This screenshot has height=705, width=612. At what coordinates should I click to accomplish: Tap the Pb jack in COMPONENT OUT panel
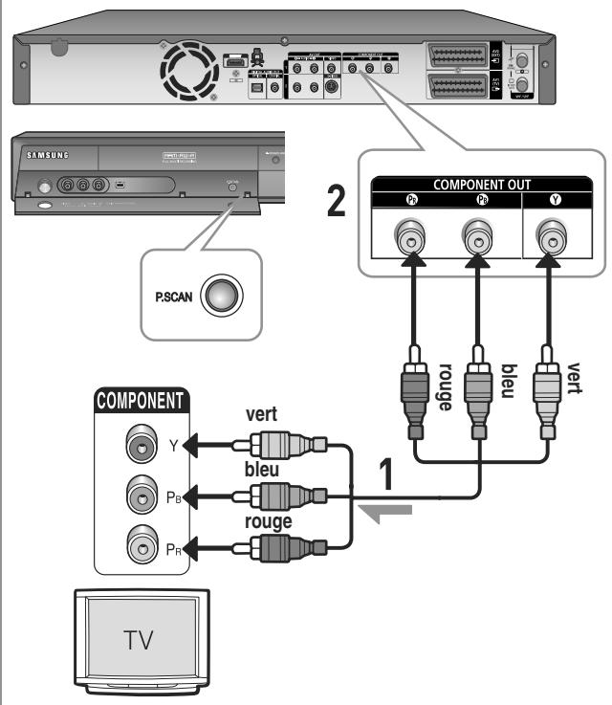point(477,239)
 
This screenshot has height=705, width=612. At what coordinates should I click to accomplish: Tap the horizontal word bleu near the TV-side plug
point(262,469)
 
